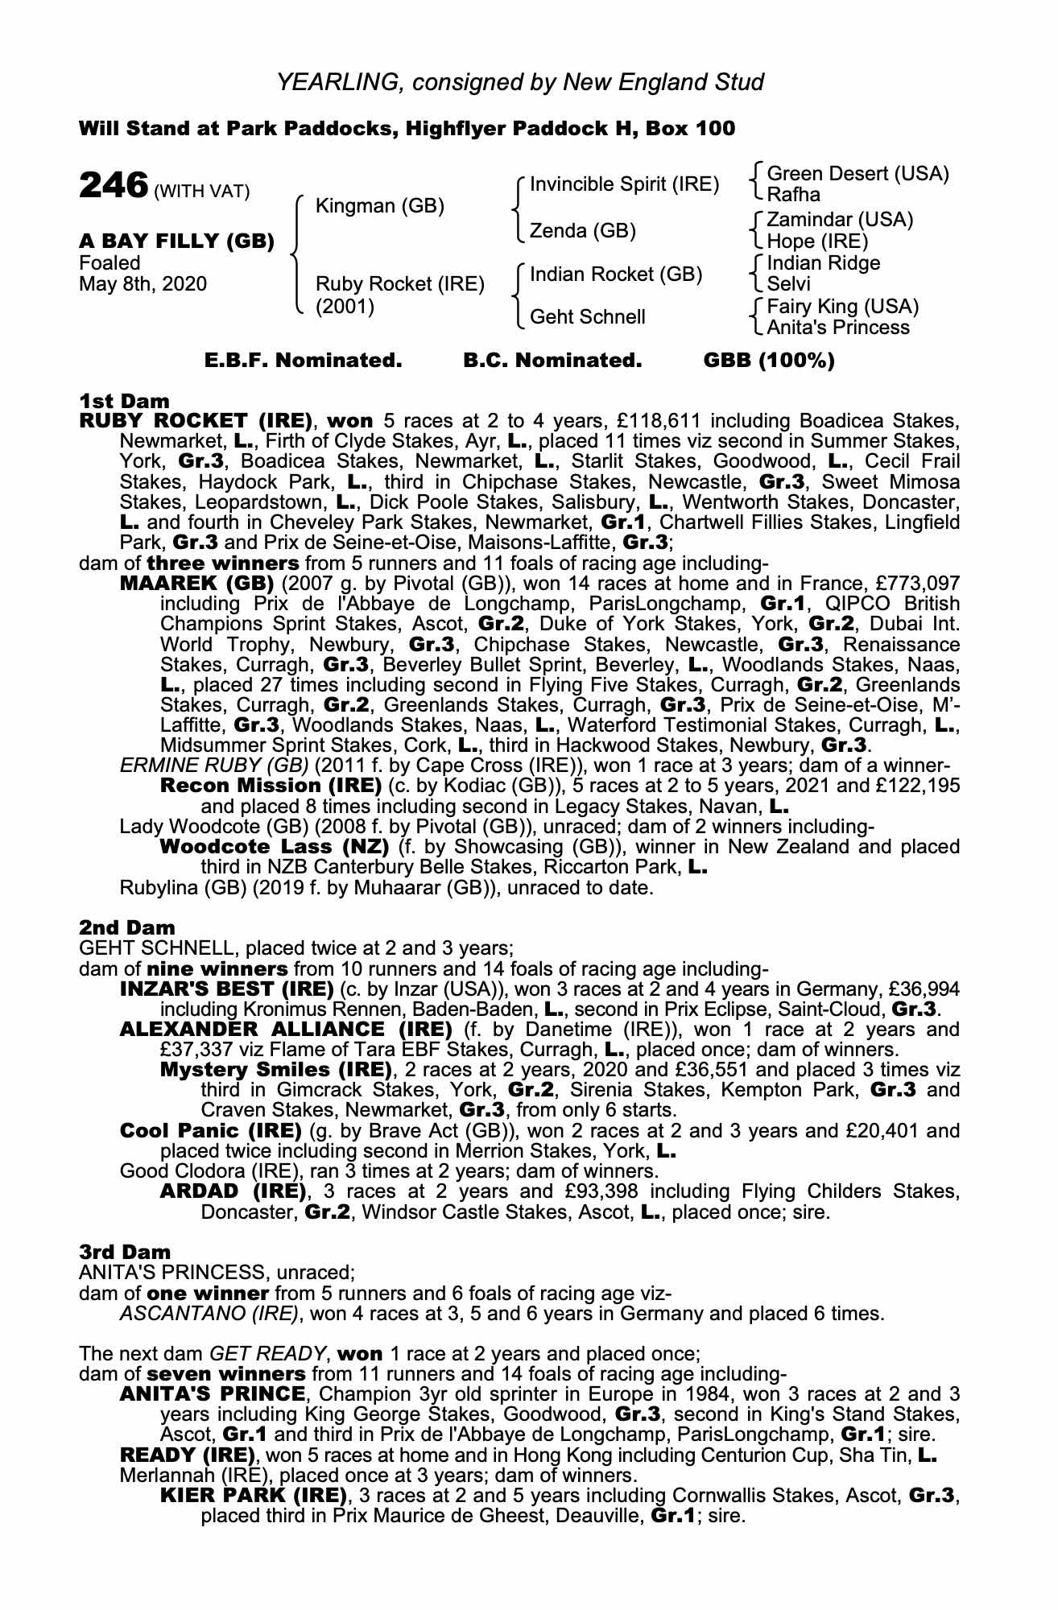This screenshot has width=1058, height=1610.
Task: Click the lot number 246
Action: tap(113, 186)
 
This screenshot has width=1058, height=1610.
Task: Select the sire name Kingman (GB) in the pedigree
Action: tap(380, 206)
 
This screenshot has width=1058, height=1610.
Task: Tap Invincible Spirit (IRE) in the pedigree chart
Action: tap(624, 184)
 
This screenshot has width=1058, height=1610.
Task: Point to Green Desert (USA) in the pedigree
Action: tap(858, 174)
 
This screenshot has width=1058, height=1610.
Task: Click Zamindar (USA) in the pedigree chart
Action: tap(840, 220)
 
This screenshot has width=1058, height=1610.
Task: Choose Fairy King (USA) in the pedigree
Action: tap(843, 307)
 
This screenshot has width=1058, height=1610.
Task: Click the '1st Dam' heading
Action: tap(125, 400)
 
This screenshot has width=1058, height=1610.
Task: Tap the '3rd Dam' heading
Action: tap(126, 1252)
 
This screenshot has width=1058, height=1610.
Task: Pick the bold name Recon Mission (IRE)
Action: tap(271, 785)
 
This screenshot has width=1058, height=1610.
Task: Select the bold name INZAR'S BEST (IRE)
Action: tap(226, 988)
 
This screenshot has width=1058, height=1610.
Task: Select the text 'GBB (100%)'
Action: tap(769, 361)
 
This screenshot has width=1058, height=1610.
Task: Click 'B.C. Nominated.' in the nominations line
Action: tap(552, 361)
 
